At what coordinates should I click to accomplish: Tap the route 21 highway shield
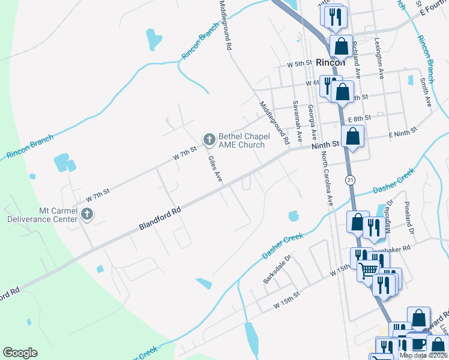click(x=350, y=180)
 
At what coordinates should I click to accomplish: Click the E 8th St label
click(x=359, y=119)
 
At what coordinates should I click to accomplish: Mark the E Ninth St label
click(x=403, y=134)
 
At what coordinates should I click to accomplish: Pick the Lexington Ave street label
click(x=379, y=59)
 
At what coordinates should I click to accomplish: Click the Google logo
click(x=20, y=353)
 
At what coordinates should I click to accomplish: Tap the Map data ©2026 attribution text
click(x=424, y=355)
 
